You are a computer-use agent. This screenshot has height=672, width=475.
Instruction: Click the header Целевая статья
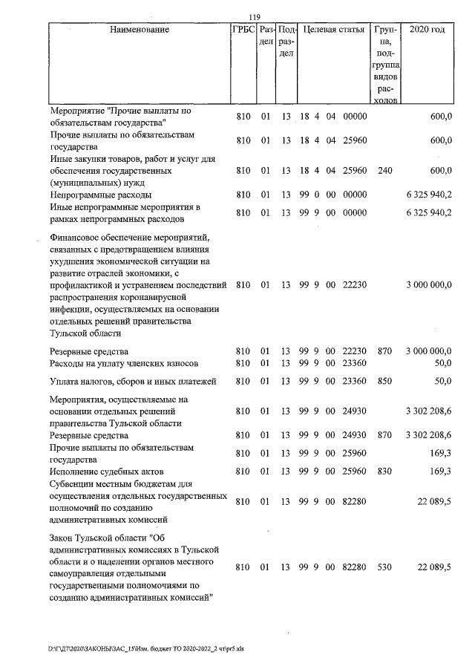tap(332, 30)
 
